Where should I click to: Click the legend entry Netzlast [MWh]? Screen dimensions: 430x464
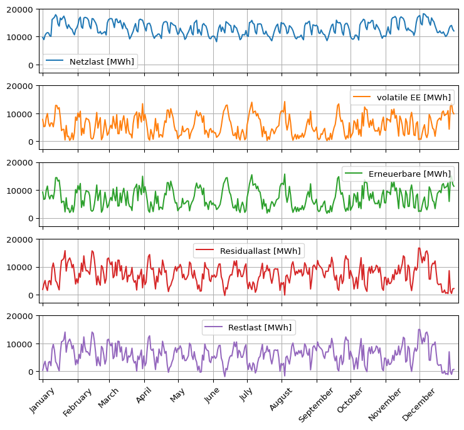(x=102, y=61)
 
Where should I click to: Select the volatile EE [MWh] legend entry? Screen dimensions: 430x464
(x=413, y=97)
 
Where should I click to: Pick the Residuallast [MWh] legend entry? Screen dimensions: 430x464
(x=260, y=251)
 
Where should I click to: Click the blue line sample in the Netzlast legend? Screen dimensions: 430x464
(x=55, y=61)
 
